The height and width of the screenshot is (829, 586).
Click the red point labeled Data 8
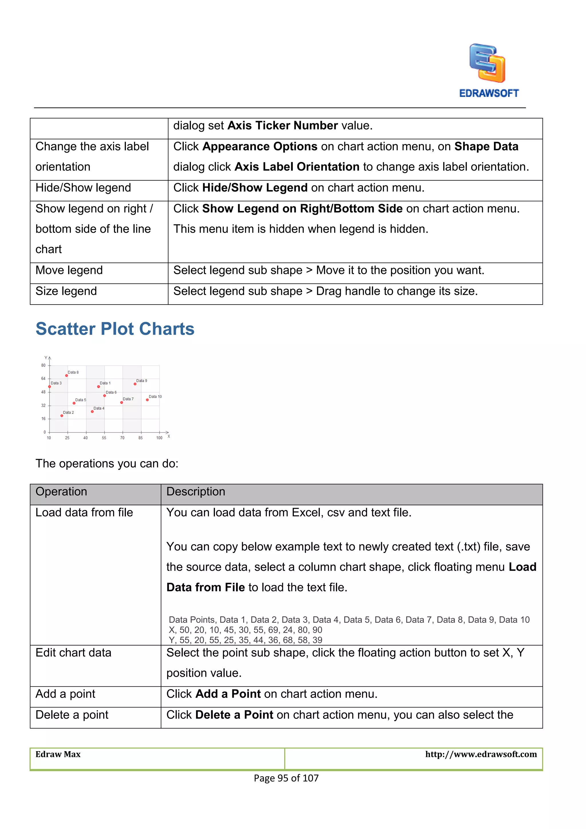[66, 376]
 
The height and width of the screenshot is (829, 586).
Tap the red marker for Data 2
[62, 416]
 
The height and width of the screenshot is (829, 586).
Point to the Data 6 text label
[111, 392]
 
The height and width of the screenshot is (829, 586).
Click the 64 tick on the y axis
[43, 378]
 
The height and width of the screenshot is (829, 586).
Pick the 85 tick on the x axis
[140, 438]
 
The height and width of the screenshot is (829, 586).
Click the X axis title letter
[169, 437]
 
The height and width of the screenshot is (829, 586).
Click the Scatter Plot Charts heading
[115, 329]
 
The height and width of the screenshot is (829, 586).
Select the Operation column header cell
[61, 492]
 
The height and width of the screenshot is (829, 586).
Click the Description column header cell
[196, 492]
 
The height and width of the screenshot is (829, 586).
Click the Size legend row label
[66, 291]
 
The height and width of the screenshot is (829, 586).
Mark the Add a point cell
[65, 694]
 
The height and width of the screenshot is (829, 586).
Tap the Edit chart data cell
[73, 653]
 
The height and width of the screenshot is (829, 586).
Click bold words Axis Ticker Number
[282, 125]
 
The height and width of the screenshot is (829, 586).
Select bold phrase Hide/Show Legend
[255, 188]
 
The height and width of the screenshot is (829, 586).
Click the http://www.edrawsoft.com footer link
[481, 754]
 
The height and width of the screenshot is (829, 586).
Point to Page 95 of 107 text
[286, 778]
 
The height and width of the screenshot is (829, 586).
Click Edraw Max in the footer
[58, 754]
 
